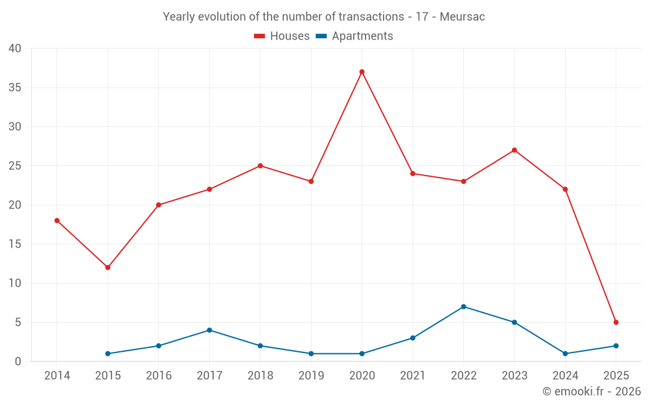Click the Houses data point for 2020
coord(362,72)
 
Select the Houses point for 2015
coord(108,268)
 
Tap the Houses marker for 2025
coord(616,322)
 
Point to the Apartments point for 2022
coord(463,307)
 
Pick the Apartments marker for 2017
coord(209,330)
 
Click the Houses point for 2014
coord(57,220)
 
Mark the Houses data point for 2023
coord(514,150)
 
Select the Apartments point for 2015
coord(108,354)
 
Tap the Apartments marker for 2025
coord(616,346)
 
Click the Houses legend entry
coord(282,36)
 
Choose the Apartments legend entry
coord(354,36)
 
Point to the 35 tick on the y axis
coord(15,87)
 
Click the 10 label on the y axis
coord(15,283)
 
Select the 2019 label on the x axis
coord(311,376)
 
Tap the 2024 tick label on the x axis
coord(565,376)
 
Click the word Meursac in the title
coord(462,17)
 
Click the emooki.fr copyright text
coord(591,391)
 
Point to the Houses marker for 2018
coord(260,166)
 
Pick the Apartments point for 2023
coord(514,322)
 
